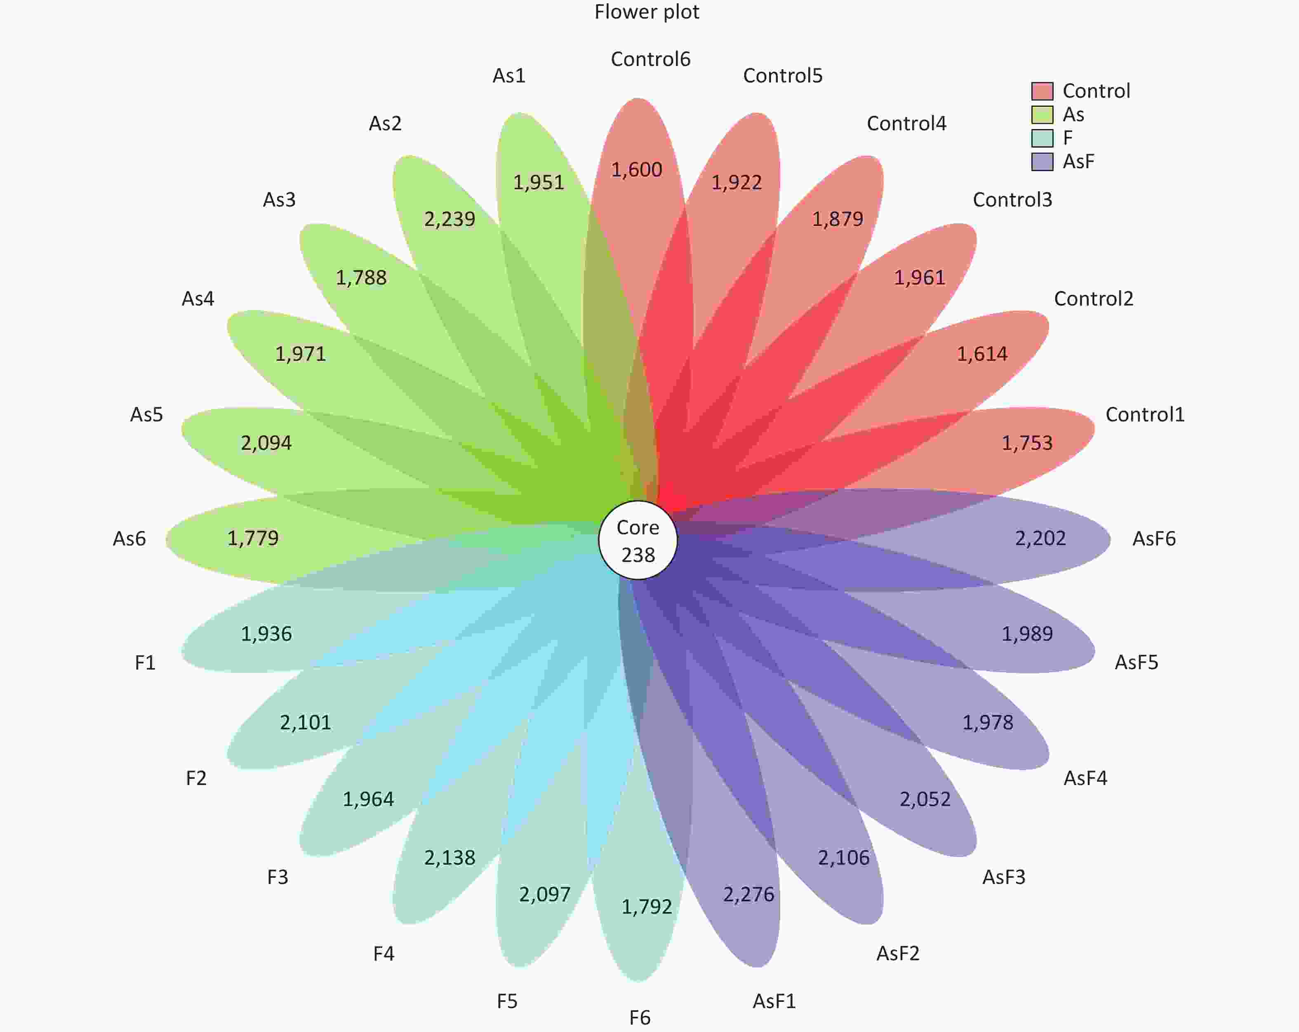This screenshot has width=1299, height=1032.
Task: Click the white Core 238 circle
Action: click(x=638, y=540)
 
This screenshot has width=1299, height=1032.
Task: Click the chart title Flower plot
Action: click(x=647, y=12)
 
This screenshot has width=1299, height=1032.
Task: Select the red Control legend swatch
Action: click(x=1042, y=91)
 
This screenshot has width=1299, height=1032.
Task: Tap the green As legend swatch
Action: click(x=1042, y=115)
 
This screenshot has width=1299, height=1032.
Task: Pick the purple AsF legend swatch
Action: click(x=1042, y=162)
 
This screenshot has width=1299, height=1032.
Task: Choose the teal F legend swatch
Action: click(x=1042, y=138)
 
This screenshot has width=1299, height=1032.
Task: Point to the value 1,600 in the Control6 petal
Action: click(x=636, y=170)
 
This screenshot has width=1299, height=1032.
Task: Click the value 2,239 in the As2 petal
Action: click(x=449, y=219)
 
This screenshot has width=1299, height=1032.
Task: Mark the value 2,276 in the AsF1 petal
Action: click(x=748, y=895)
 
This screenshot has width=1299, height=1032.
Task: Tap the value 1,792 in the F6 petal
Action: click(x=647, y=907)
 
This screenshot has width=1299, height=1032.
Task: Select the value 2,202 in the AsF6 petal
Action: click(x=1040, y=538)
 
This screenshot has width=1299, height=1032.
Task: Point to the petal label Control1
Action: click(x=1145, y=414)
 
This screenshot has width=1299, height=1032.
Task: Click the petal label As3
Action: click(x=279, y=200)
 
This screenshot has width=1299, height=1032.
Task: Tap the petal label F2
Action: click(x=196, y=778)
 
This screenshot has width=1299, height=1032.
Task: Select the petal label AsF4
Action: click(x=1085, y=778)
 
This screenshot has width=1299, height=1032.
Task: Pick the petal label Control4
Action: click(x=906, y=124)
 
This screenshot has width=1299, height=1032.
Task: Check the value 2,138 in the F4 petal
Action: click(x=449, y=858)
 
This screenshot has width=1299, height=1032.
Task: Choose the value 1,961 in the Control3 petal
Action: click(x=920, y=278)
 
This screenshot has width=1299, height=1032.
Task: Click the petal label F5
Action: click(x=507, y=1001)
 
